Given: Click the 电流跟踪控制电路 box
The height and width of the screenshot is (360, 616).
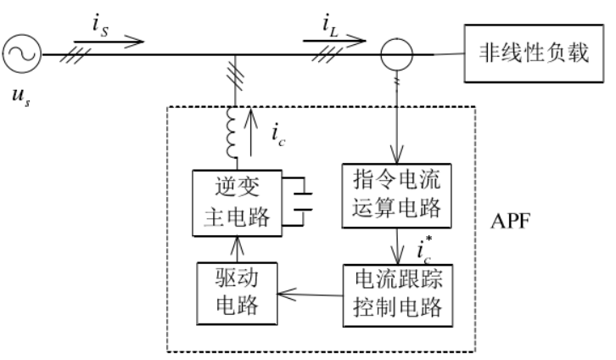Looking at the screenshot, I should tap(394, 293).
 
